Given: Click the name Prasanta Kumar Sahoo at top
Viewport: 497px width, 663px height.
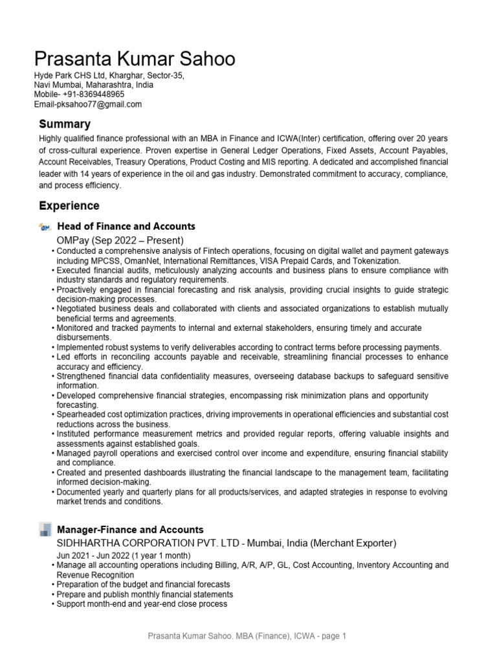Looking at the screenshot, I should (x=135, y=60).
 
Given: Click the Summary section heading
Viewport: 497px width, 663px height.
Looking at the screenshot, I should (x=65, y=124).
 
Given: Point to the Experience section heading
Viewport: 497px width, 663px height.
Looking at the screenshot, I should (x=69, y=206).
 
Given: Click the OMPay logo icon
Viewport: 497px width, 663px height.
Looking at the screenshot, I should (x=45, y=227).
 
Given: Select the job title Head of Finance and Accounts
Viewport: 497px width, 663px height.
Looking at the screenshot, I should (x=126, y=227).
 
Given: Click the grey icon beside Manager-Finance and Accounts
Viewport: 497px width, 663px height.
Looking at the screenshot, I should (x=45, y=530).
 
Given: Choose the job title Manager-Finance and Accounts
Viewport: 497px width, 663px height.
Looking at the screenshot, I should (x=130, y=530).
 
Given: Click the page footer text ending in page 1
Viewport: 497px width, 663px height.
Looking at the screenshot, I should (x=248, y=636).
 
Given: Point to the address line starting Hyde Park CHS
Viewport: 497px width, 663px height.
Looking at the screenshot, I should (x=109, y=76).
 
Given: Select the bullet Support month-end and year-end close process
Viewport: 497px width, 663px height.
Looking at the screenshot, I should (x=142, y=604).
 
